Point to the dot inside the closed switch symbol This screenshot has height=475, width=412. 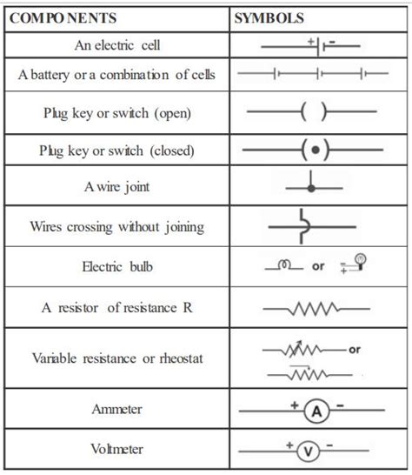coord(314,150)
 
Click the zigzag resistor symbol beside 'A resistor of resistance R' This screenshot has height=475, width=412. coord(309,308)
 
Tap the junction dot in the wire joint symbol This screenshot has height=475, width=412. coord(312,188)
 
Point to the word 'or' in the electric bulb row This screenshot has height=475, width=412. coord(318,266)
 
